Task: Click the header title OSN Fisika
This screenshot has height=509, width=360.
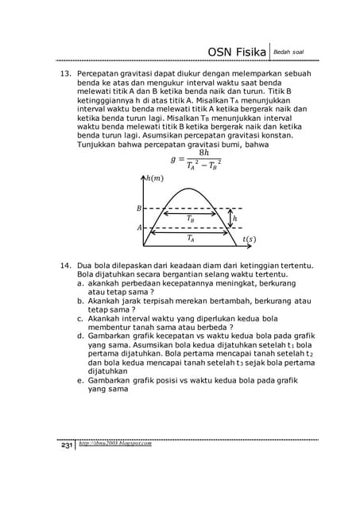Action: (x=236, y=52)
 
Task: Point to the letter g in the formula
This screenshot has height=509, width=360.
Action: (x=173, y=158)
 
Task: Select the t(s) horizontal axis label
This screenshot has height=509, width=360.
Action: (x=249, y=238)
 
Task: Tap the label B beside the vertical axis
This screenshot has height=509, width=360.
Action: (x=140, y=208)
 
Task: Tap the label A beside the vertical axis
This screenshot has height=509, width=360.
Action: (x=140, y=227)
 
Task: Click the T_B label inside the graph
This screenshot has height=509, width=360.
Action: (x=191, y=217)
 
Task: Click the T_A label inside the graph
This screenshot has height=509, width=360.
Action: (x=191, y=237)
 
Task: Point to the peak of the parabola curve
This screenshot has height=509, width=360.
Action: (x=188, y=189)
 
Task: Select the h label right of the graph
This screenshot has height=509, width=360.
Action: (x=235, y=218)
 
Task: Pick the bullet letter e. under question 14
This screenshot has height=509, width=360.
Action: (x=81, y=380)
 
